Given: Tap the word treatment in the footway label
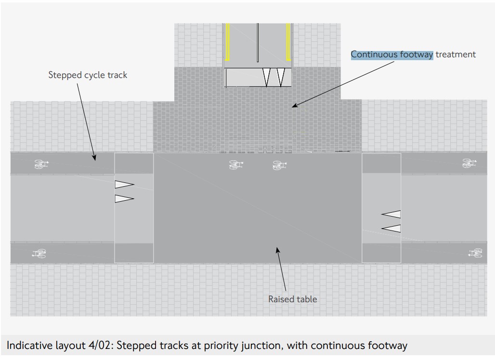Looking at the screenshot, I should (456, 54).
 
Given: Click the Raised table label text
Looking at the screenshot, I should (292, 299).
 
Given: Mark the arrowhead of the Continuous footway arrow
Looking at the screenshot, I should (294, 105).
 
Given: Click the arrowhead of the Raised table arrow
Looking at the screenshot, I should (277, 248).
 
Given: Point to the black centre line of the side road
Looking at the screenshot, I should (258, 42).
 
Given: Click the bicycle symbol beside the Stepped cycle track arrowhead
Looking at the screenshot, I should (42, 164).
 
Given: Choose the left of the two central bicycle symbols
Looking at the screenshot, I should (236, 165).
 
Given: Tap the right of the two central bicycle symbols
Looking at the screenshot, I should (279, 165).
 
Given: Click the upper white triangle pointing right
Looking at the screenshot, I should (124, 184).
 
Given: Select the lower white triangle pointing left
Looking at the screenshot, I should (391, 228).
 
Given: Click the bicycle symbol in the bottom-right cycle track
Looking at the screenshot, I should (475, 253).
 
